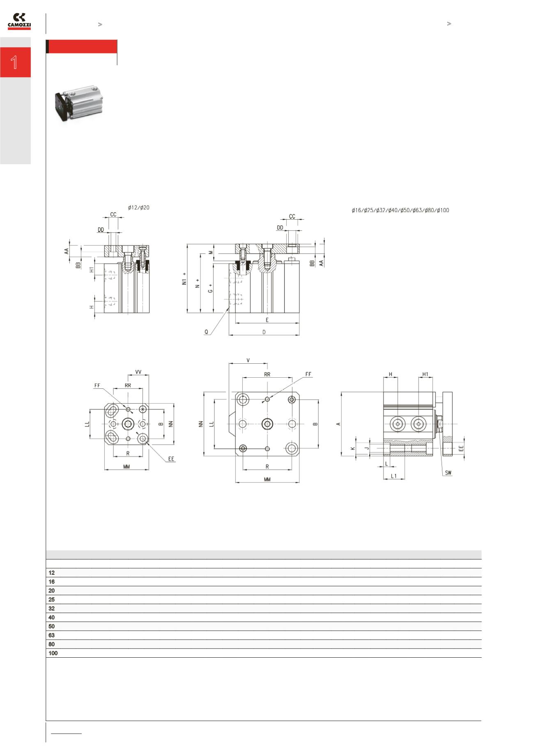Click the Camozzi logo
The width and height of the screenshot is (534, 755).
click(x=19, y=21)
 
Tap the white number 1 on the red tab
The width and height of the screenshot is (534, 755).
click(x=14, y=62)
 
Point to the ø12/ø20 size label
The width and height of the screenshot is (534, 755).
click(x=139, y=208)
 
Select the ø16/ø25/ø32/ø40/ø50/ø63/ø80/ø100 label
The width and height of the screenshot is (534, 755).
click(x=400, y=211)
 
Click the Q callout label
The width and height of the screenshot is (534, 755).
click(x=207, y=332)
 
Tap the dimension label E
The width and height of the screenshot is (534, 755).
click(x=267, y=320)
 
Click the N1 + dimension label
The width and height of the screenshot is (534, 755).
click(x=185, y=279)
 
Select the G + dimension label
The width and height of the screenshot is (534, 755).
click(x=211, y=288)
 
